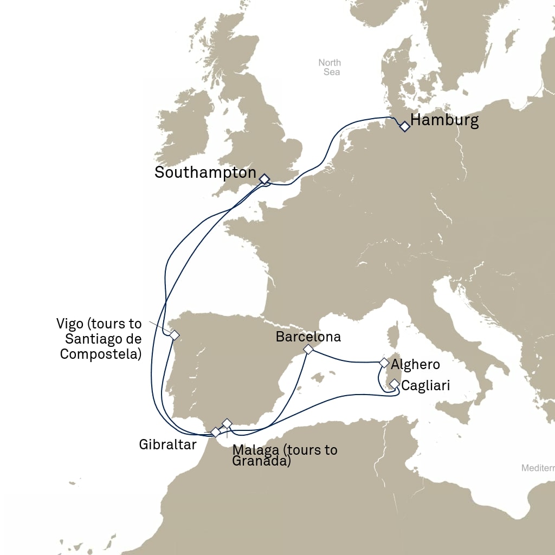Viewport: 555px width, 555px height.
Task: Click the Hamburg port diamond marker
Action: click(404, 127)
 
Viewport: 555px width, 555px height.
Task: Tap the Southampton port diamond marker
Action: click(264, 179)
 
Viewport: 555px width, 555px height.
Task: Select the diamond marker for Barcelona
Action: click(308, 350)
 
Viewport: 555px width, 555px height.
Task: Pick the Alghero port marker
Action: click(384, 363)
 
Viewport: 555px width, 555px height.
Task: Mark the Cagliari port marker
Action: click(395, 384)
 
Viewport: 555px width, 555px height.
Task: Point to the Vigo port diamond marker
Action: click(174, 335)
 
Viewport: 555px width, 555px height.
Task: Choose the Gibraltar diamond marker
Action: click(216, 432)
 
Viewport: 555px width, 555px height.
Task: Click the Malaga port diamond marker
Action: click(227, 423)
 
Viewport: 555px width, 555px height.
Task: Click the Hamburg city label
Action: click(444, 120)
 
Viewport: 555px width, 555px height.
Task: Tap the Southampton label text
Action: click(205, 173)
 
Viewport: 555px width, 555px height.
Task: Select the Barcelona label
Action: click(308, 337)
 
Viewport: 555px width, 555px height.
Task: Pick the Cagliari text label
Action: click(425, 386)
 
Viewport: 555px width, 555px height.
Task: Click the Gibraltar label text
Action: click(167, 445)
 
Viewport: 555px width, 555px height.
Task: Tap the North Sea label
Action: click(330, 67)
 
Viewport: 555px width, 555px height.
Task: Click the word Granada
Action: click(261, 462)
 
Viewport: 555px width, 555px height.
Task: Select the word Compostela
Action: click(101, 354)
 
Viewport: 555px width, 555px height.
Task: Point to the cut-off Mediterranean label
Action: click(538, 468)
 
